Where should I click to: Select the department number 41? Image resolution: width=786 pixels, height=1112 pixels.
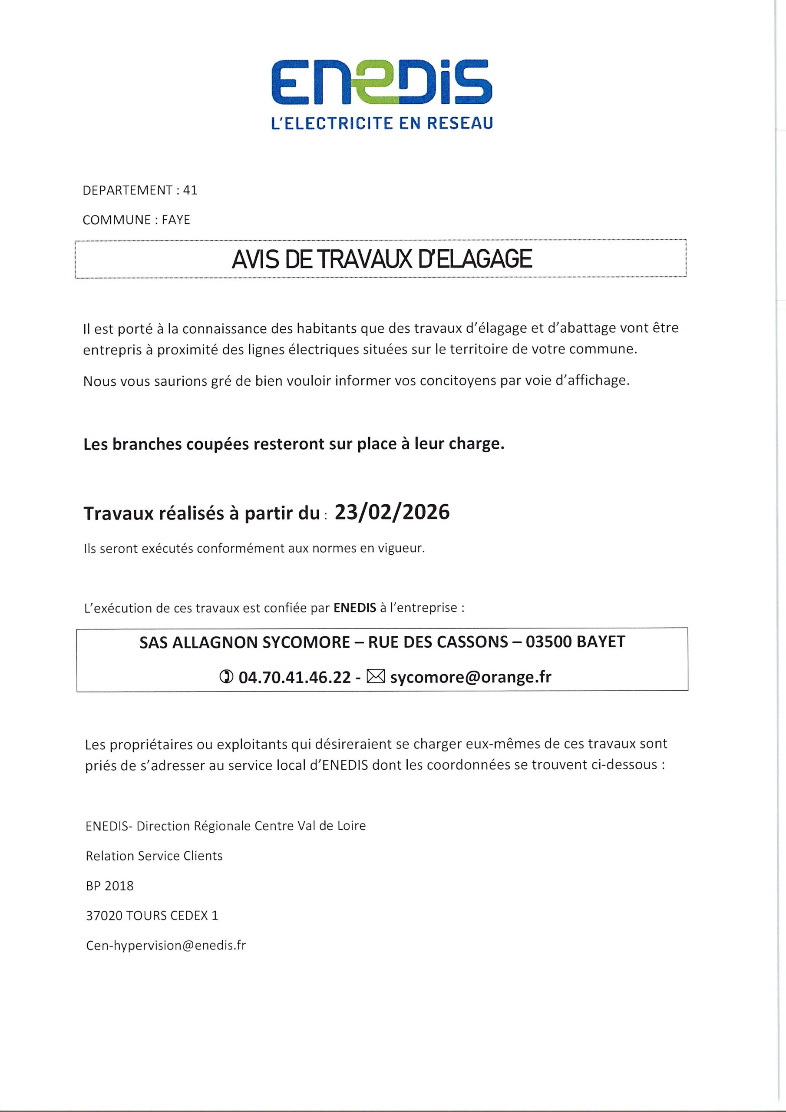tap(190, 190)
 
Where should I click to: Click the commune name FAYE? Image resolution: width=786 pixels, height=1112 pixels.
tap(176, 220)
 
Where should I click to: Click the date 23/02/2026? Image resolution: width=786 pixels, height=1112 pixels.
tap(392, 512)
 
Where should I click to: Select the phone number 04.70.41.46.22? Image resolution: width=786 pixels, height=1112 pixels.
tap(294, 677)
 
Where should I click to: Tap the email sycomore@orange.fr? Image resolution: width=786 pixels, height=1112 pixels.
tap(471, 677)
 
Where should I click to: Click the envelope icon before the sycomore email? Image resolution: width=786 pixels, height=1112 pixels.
tap(376, 676)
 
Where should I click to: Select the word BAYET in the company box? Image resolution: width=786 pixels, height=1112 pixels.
tap(601, 642)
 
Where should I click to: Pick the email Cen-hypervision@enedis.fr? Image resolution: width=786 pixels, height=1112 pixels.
tap(165, 945)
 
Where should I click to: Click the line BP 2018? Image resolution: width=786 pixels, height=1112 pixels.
tap(109, 886)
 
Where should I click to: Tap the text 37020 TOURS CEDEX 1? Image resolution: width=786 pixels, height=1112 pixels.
tap(152, 916)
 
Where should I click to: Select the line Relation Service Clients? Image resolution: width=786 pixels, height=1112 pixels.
tap(154, 856)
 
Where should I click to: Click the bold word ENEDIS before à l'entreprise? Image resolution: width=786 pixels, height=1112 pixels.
tap(355, 608)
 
